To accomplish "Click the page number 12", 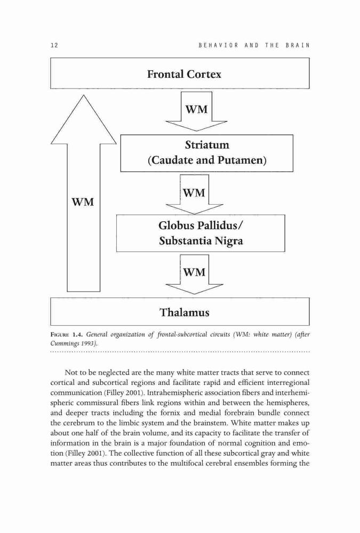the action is (54, 45).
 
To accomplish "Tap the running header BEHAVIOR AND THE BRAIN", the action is (254, 45).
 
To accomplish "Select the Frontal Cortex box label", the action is (184, 74).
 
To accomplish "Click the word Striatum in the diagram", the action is (207, 145).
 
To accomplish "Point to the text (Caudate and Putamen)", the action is (207, 160).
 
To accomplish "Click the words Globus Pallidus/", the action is (202, 225).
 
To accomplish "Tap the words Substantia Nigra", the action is (201, 241).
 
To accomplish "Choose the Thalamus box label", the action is (185, 312).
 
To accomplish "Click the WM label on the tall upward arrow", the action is (83, 202).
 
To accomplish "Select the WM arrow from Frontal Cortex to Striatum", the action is (196, 111).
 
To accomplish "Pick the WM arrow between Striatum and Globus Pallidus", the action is (194, 195).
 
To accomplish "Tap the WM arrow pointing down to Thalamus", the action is (194, 274).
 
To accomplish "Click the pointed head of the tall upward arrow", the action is (84, 95).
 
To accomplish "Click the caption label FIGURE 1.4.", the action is (66, 335).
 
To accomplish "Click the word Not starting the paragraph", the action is (70, 373).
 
